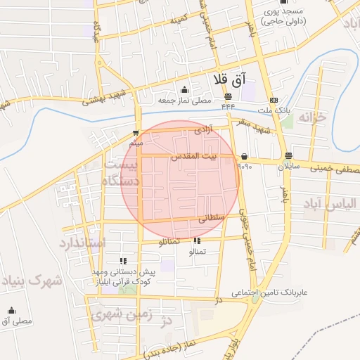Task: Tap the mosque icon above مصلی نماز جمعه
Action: [x=184, y=89]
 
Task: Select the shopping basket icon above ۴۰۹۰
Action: [x=243, y=156]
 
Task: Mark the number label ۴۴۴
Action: [x=229, y=107]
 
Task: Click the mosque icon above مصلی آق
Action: [x=11, y=310]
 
